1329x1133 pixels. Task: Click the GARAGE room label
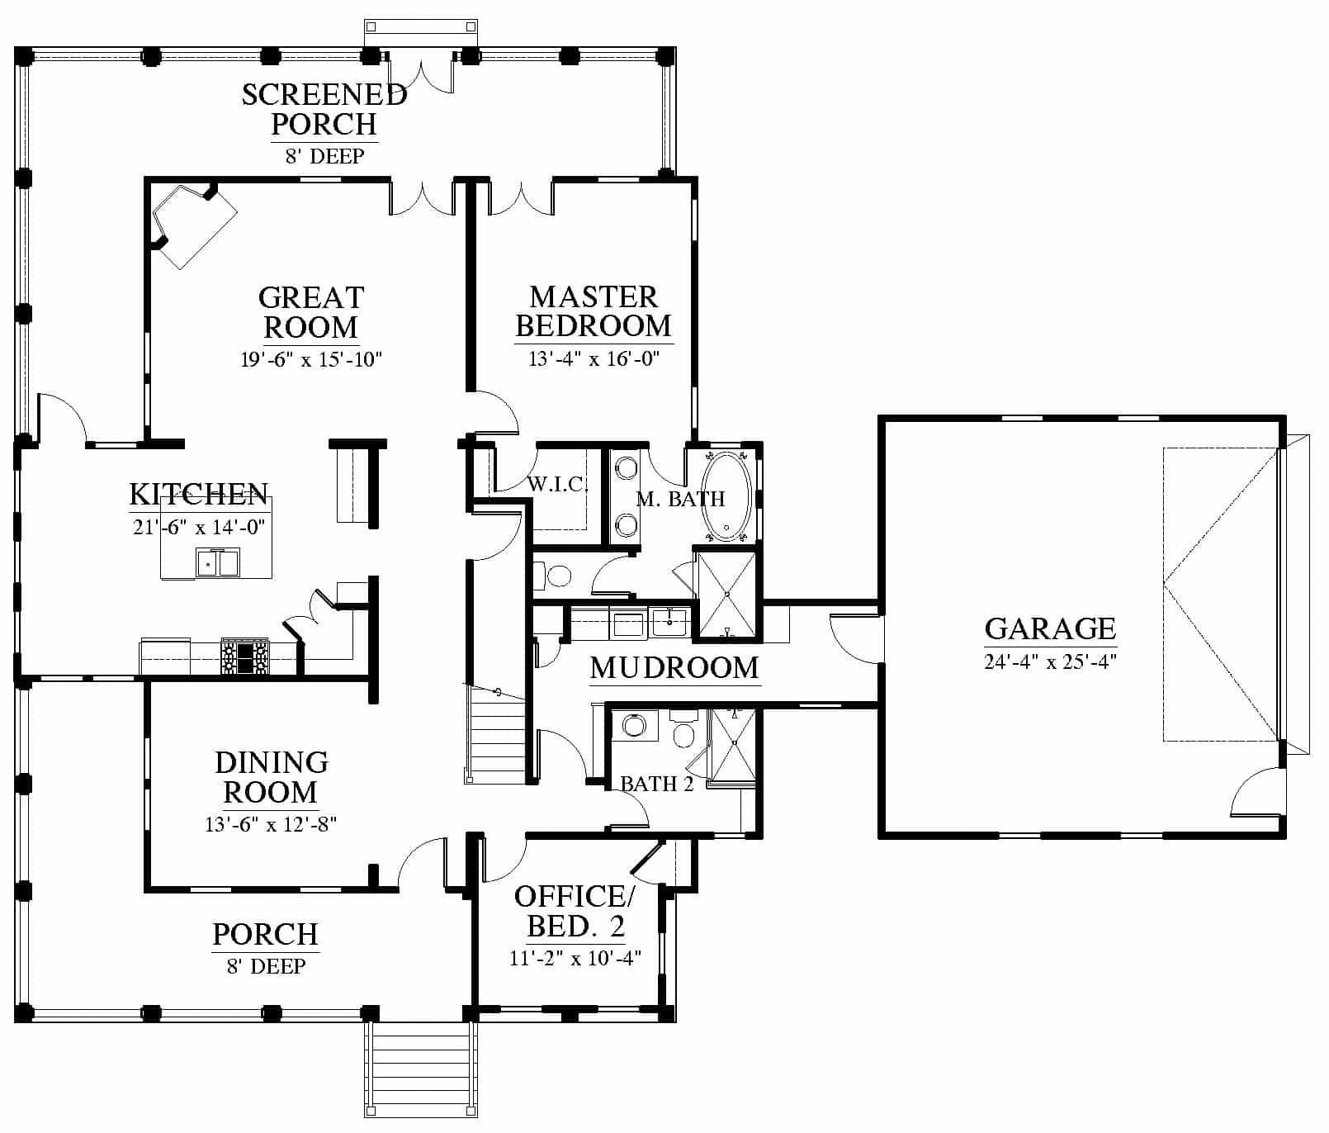[x=1050, y=629]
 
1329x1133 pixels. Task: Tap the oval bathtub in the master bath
[x=727, y=496]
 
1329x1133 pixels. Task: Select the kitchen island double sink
[x=218, y=562]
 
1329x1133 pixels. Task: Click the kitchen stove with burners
[x=244, y=658]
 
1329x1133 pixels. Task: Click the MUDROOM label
[x=674, y=667]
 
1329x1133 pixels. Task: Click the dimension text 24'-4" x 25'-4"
[x=1050, y=661]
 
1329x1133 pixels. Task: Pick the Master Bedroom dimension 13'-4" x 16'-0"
[x=594, y=358]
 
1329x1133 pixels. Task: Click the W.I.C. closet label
[x=557, y=484]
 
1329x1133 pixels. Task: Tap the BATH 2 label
[x=657, y=783]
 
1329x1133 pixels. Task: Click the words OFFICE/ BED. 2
[x=575, y=912]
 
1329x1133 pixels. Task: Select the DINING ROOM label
[x=272, y=776]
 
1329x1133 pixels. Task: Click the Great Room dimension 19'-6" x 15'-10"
[x=311, y=360]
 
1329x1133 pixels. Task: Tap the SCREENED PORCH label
[x=324, y=109]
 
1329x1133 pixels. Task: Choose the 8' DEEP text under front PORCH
[x=267, y=965]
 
